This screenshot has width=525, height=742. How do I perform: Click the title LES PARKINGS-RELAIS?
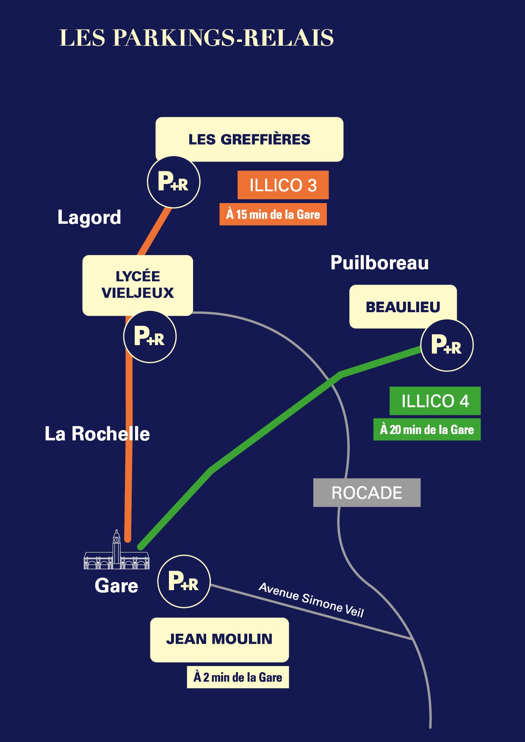click(x=196, y=38)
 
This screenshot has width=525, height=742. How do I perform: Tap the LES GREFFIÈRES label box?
click(x=249, y=139)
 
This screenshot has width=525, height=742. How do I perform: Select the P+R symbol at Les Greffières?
click(x=174, y=182)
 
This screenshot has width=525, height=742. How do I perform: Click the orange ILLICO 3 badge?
click(x=283, y=185)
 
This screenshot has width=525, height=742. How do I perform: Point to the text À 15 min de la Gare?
click(x=273, y=214)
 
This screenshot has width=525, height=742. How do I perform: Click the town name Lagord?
click(x=89, y=217)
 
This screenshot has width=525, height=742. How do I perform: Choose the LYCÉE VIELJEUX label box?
click(x=138, y=285)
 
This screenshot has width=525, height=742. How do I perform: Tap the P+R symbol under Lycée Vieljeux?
click(x=150, y=337)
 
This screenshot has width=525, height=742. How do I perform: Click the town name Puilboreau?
click(x=379, y=263)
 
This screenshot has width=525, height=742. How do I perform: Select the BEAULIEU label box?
click(x=403, y=307)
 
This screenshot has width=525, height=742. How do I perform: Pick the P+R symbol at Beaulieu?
click(x=447, y=345)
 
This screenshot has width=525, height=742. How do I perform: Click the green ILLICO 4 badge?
click(x=435, y=401)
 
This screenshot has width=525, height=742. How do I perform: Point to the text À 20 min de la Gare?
click(x=427, y=429)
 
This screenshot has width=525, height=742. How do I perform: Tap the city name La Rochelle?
click(x=97, y=434)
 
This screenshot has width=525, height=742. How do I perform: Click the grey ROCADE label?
click(x=367, y=492)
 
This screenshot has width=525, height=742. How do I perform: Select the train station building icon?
click(x=116, y=552)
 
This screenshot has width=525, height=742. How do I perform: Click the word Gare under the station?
click(x=116, y=586)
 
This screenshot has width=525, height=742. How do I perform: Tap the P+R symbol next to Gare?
click(x=184, y=581)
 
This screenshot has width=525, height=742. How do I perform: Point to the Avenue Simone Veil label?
click(x=311, y=599)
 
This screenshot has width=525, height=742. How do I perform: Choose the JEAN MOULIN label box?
click(x=219, y=639)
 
